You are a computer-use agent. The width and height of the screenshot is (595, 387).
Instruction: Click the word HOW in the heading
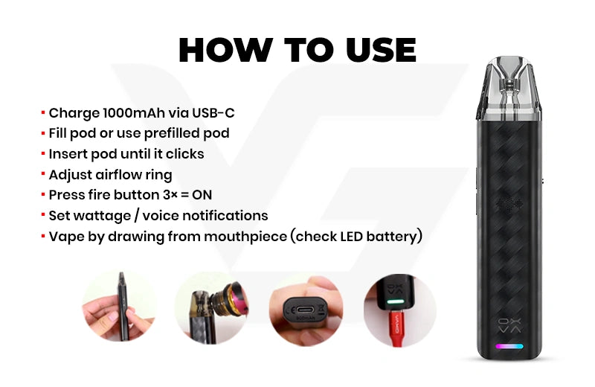(225, 50)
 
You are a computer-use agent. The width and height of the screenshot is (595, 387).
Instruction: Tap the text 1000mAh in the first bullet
(134, 113)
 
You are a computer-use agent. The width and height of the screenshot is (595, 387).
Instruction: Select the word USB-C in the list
(213, 113)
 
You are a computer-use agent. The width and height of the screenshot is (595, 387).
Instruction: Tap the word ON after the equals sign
(202, 195)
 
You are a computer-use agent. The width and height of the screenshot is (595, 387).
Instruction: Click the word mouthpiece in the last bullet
(245, 237)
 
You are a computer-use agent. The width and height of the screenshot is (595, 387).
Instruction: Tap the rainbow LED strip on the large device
(509, 346)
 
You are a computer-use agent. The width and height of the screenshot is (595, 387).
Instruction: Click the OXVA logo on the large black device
(509, 326)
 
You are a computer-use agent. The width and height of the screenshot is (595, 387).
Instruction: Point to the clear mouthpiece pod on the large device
(509, 87)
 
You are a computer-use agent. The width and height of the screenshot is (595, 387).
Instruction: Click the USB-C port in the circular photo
(305, 309)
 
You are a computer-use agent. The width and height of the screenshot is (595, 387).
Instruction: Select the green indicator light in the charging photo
(396, 302)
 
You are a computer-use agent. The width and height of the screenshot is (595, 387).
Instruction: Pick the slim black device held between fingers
(123, 306)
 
